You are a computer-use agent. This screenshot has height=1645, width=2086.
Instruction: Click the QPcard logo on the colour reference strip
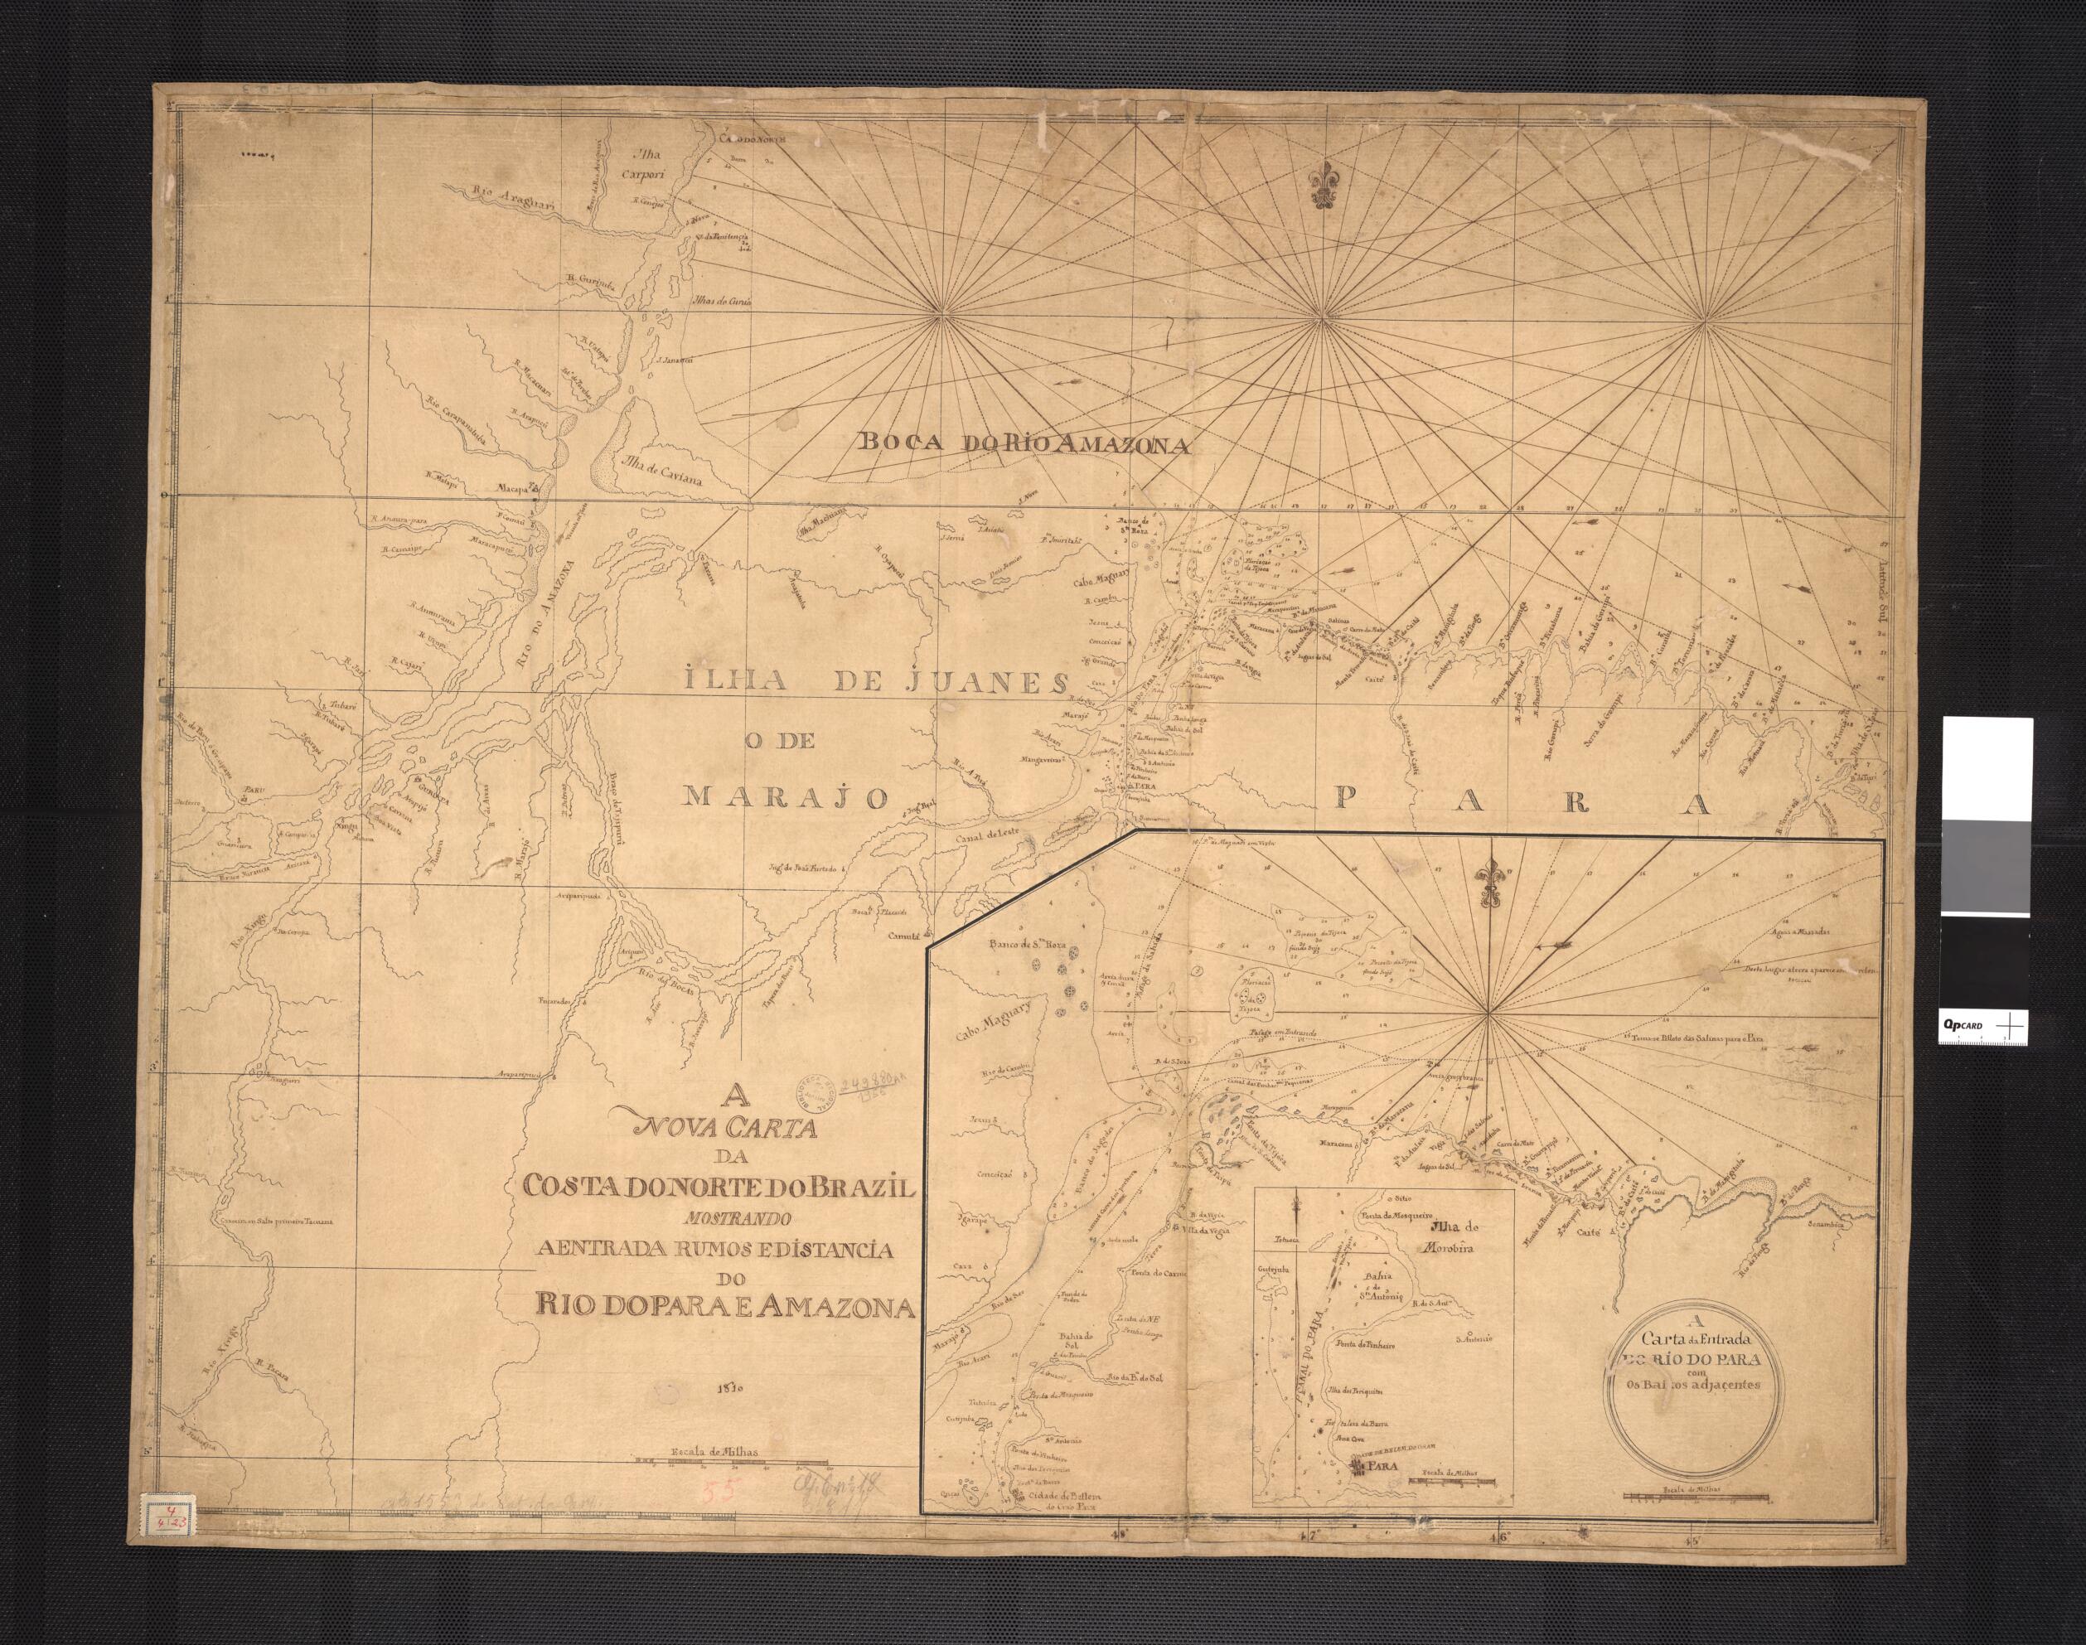tap(1951, 1028)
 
